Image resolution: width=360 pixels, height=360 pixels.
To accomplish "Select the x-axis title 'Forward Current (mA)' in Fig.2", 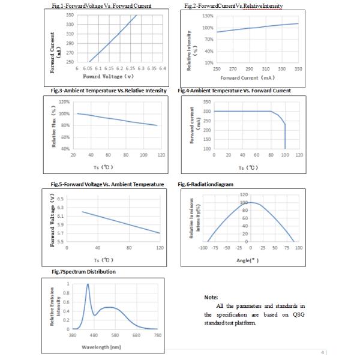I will pyautogui.click(x=247, y=77).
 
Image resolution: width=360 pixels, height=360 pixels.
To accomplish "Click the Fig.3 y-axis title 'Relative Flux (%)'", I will pyautogui.click(x=55, y=126).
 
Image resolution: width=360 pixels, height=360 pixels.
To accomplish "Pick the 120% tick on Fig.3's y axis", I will pyautogui.click(x=65, y=103).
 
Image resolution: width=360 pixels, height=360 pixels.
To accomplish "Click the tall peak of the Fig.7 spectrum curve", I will pyautogui.click(x=88, y=285).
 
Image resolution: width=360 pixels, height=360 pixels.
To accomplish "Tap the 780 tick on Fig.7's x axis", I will pyautogui.click(x=158, y=335).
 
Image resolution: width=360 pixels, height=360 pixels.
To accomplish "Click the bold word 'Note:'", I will pyautogui.click(x=211, y=297).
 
